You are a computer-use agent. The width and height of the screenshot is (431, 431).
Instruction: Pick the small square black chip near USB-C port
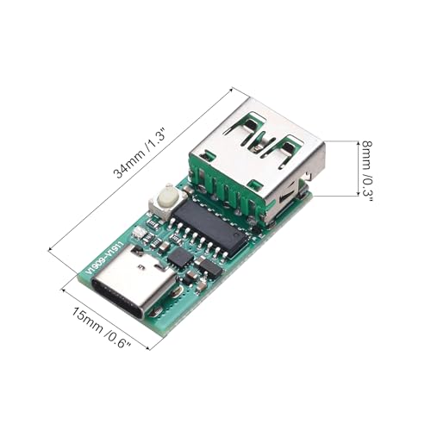click(x=181, y=256)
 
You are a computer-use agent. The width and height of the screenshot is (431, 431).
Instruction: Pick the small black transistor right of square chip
click(x=209, y=267)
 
